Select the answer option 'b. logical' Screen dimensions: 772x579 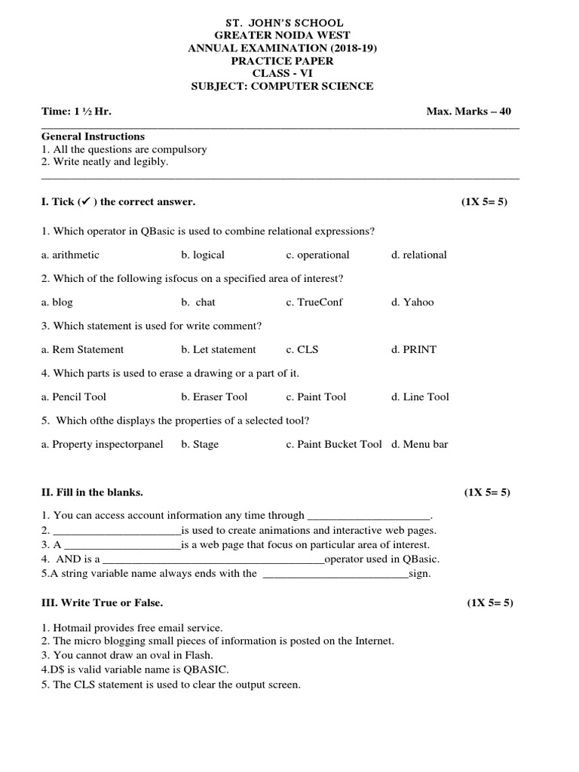tap(203, 255)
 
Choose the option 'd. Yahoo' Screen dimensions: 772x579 tap(412, 302)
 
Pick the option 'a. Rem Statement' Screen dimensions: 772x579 tap(83, 350)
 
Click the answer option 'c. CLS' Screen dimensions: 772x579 tap(302, 350)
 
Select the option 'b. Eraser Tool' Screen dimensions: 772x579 tap(214, 397)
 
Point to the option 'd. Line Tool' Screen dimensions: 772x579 tap(420, 397)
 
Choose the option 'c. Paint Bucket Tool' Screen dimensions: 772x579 tap(334, 444)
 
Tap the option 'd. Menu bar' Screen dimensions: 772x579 tap(419, 444)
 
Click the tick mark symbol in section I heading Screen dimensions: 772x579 tap(84, 201)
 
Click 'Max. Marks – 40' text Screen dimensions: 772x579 tap(468, 112)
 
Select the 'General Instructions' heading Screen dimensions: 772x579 tap(93, 136)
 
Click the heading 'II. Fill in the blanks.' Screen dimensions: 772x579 tap(92, 492)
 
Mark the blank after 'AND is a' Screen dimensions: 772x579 tap(213, 560)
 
